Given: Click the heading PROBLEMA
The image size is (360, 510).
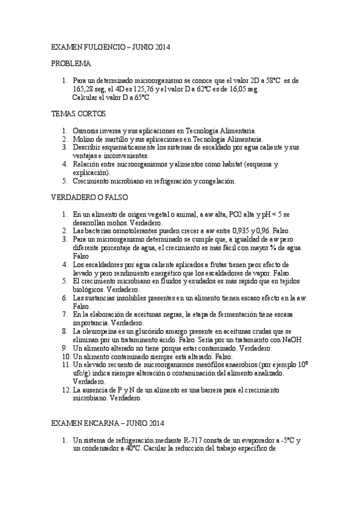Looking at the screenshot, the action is pos(71,63).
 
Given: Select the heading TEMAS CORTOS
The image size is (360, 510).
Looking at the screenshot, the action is pos(79,113).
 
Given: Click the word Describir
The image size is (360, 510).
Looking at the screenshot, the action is pos(87,147).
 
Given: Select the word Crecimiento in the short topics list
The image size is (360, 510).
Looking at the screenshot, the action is pos(91,180).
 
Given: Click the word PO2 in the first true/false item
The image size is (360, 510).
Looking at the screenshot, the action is pos(214,214).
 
